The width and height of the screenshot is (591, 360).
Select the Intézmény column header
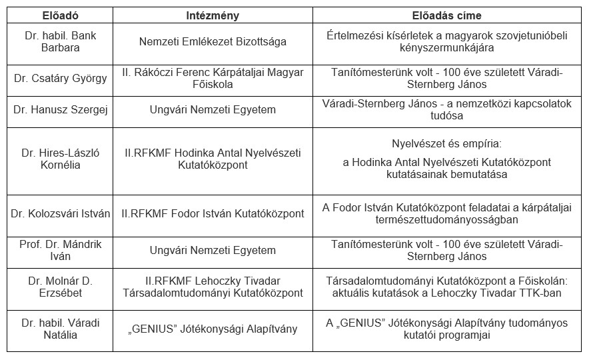coord(213,15)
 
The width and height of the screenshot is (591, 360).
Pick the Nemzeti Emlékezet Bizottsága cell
coord(213,41)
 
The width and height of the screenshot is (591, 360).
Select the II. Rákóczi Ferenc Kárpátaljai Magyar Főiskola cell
coord(213,79)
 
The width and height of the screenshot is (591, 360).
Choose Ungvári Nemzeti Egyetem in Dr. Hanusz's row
coord(213,109)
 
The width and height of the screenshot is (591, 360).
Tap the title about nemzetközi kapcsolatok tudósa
coord(446,109)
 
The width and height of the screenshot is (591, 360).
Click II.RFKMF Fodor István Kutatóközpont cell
coord(213,214)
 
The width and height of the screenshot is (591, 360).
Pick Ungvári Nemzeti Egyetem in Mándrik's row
coord(213,251)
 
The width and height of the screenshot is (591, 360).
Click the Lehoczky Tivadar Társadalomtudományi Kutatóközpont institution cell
coord(213,287)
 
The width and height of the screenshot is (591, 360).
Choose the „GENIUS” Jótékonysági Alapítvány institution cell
coord(213,329)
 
